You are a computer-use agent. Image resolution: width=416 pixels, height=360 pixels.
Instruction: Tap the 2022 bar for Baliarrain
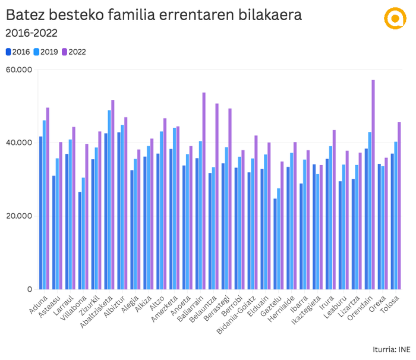(204, 191)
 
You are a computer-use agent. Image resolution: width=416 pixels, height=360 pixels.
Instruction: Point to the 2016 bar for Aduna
(41, 213)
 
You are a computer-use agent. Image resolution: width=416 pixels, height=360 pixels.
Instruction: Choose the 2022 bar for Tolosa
(399, 206)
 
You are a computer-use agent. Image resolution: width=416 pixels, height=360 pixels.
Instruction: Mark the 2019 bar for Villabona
(84, 233)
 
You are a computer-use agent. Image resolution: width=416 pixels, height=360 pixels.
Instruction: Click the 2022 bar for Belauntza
(217, 196)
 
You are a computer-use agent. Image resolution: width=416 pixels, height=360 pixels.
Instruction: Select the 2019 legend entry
(46, 52)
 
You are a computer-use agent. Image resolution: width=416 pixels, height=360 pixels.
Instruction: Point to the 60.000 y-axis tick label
(20, 70)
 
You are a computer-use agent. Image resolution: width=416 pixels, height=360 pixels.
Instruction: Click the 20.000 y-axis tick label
(20, 216)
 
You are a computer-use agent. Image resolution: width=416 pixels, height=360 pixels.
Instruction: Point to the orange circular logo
(393, 18)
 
